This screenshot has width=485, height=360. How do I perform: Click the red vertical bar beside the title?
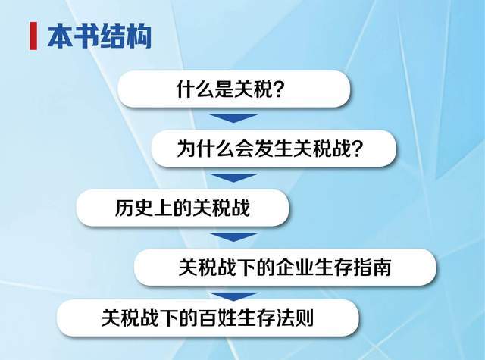click(x=33, y=36)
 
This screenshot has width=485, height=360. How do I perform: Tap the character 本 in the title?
click(x=61, y=36)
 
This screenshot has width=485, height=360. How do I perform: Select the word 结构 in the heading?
click(x=126, y=36)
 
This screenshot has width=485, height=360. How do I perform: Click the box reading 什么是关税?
click(x=234, y=89)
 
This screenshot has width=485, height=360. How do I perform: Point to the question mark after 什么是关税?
click(x=279, y=89)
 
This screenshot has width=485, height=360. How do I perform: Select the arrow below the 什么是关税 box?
click(x=234, y=117)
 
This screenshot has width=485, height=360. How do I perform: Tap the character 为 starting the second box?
click(x=186, y=149)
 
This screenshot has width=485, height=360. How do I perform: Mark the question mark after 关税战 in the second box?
click(x=357, y=149)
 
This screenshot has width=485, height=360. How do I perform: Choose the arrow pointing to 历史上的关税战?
click(x=234, y=177)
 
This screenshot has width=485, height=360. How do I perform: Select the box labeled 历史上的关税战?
click(x=183, y=208)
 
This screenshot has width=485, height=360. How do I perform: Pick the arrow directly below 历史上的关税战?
click(x=234, y=237)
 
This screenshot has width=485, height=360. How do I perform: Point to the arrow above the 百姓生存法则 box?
click(x=234, y=296)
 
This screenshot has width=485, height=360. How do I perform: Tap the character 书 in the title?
click(x=86, y=36)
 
